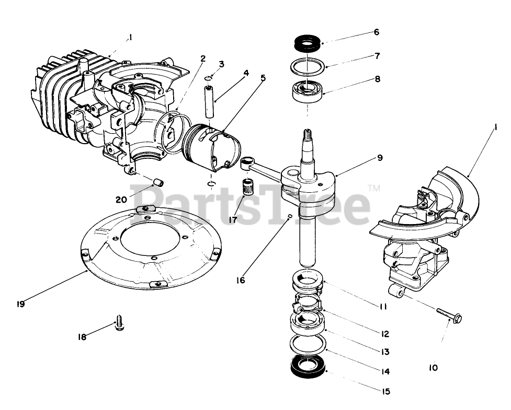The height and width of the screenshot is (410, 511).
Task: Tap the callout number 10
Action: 433,368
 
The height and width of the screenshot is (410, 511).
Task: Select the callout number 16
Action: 240,280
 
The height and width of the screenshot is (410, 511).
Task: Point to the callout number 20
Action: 121,199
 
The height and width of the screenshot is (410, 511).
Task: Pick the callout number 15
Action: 385,391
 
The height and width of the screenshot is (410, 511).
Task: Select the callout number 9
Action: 380,157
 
